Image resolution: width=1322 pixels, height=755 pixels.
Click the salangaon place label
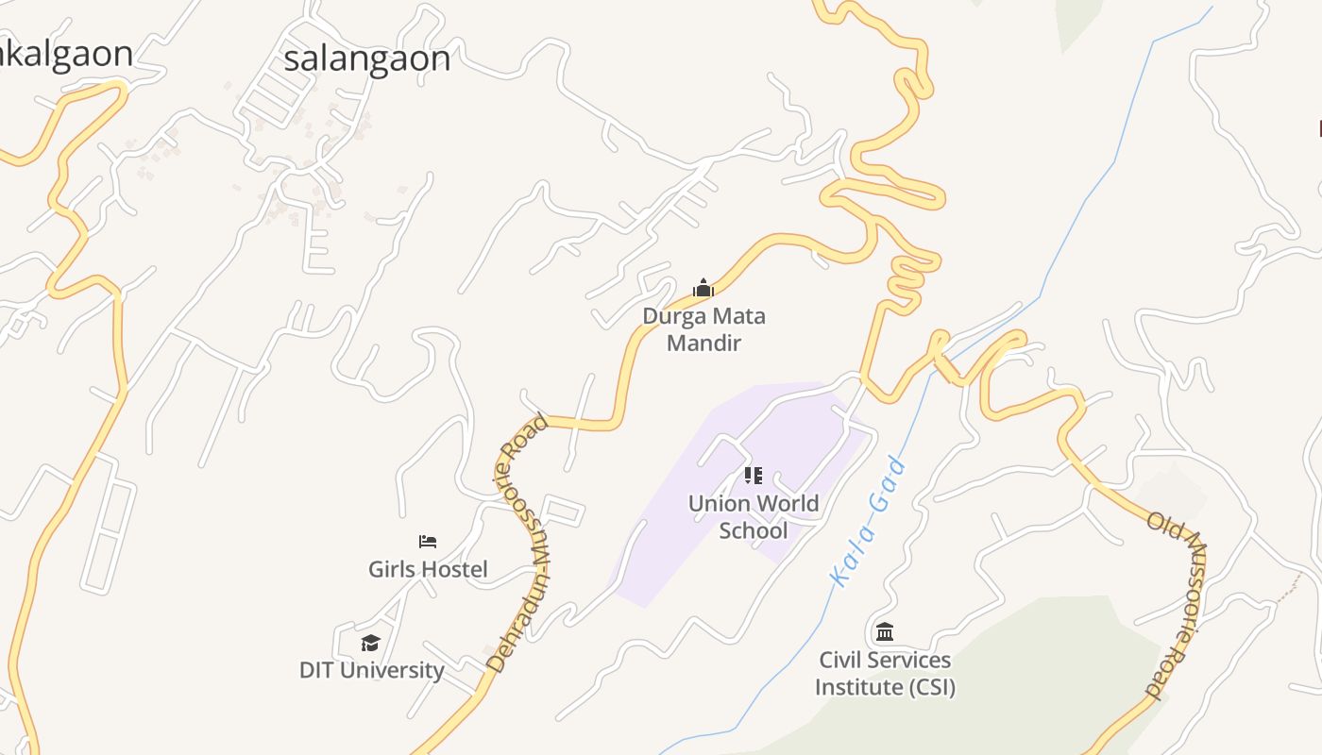[x=366, y=59]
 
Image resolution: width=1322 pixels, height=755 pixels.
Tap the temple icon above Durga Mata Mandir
[x=703, y=288]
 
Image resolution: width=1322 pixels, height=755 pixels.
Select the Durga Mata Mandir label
[x=703, y=328]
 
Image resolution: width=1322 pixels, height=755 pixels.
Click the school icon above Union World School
[x=753, y=476]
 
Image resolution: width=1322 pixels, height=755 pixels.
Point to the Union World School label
[x=753, y=516]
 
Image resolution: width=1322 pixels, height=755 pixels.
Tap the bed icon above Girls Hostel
[x=428, y=542]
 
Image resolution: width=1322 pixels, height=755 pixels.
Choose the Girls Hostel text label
[x=428, y=569]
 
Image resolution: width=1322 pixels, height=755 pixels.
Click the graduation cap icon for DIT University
[x=370, y=643]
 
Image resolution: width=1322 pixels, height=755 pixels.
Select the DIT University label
[x=371, y=670]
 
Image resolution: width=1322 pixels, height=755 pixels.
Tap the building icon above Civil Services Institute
[x=885, y=631]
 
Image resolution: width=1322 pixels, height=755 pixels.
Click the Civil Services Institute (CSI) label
[x=885, y=673]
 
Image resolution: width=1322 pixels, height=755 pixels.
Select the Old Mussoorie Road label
[x=1177, y=604]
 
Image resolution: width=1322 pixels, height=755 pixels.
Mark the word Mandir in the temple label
[x=703, y=343]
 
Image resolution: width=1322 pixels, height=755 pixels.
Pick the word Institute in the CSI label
[x=859, y=687]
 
